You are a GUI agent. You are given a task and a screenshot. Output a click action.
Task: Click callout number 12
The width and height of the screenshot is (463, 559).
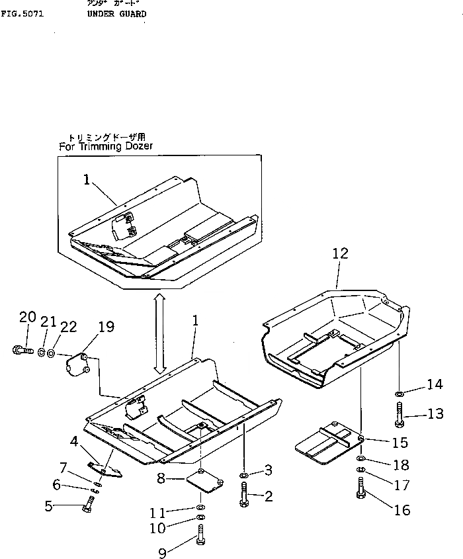(x=339, y=253)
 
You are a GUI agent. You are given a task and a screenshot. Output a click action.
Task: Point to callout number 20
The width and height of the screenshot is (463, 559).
(x=26, y=318)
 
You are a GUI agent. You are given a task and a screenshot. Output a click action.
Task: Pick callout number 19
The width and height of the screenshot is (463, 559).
(x=106, y=326)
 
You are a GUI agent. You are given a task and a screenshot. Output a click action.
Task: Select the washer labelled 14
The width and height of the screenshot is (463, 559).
(x=401, y=394)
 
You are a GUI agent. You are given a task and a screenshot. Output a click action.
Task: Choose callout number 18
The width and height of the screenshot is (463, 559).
(x=401, y=465)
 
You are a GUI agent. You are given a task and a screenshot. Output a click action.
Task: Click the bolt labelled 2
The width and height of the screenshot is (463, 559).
(x=244, y=494)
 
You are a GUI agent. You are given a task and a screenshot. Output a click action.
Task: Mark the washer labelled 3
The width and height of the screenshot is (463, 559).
(x=244, y=476)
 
